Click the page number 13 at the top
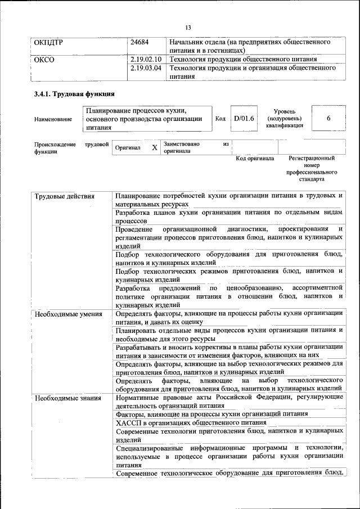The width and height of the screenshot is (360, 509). pyautogui.click(x=188, y=28)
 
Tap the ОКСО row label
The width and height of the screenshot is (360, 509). pyautogui.click(x=44, y=60)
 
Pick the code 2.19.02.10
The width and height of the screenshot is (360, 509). pyautogui.click(x=146, y=60)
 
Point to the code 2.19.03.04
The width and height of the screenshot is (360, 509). pyautogui.click(x=146, y=69)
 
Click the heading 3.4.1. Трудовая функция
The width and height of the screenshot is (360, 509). pyautogui.click(x=74, y=94)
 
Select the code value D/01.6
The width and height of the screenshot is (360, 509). pyautogui.click(x=244, y=118)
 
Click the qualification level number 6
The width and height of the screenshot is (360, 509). pyautogui.click(x=328, y=118)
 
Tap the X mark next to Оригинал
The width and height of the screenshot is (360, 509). pyautogui.click(x=154, y=147)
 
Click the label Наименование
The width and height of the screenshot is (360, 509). pyautogui.click(x=53, y=119)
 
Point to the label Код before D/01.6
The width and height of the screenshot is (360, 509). pyautogui.click(x=220, y=119)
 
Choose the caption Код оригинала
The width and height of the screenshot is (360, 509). pyautogui.click(x=255, y=159)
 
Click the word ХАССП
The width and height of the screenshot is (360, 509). pyautogui.click(x=128, y=422)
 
